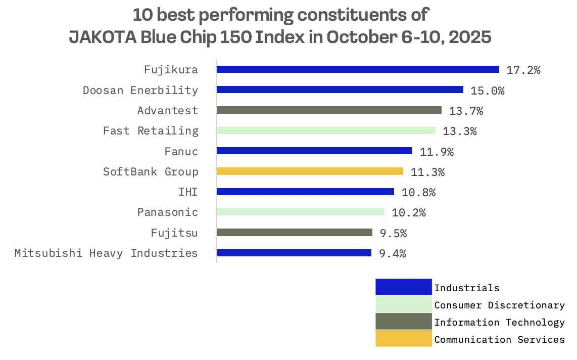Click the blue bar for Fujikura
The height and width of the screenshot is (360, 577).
click(358, 70)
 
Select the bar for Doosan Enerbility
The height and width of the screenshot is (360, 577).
click(340, 90)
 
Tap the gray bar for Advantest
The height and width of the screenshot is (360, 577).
click(329, 110)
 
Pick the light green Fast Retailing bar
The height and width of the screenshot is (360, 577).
click(326, 130)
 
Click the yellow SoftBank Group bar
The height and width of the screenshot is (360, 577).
click(310, 171)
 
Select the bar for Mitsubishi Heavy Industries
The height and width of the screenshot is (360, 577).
click(294, 253)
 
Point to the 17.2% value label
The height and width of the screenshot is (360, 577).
click(523, 70)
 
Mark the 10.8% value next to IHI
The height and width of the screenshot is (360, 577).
click(418, 192)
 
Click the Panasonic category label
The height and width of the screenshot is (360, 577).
click(168, 212)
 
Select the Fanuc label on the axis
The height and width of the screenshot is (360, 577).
click(181, 151)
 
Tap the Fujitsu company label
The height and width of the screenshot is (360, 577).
click(174, 233)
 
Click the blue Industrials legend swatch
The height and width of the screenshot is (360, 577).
click(403, 287)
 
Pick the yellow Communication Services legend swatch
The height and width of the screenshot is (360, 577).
click(403, 339)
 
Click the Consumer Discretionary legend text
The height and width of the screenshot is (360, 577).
click(499, 305)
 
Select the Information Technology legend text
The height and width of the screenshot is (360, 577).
click(499, 323)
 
